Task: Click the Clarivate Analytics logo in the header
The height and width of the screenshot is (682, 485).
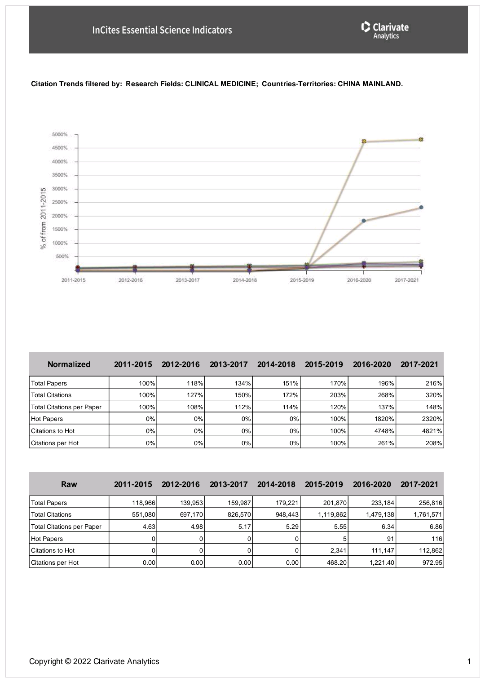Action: tap(385, 30)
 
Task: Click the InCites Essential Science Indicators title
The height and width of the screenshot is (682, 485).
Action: tap(162, 30)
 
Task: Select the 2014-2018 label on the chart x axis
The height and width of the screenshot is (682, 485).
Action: tap(245, 280)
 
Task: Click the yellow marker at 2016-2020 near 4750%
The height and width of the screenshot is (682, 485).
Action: tap(364, 142)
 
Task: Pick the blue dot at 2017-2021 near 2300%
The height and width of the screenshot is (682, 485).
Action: tap(421, 208)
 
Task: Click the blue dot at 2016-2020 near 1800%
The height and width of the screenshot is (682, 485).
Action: tap(364, 221)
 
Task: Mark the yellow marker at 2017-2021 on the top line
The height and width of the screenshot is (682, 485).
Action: tap(421, 140)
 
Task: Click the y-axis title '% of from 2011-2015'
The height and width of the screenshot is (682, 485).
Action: tap(44, 218)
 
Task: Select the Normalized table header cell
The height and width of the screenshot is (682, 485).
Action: tap(69, 364)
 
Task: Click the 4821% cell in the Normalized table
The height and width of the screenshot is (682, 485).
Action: tap(420, 431)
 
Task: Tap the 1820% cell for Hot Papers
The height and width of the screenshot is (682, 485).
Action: tap(372, 419)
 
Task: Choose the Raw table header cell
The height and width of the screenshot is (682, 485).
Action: tap(69, 484)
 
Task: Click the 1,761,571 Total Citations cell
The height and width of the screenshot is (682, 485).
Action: tap(420, 514)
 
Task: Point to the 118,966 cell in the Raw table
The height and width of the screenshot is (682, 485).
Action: tap(133, 503)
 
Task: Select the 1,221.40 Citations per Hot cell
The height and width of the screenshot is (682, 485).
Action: tap(372, 562)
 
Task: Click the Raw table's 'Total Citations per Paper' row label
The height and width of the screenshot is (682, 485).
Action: tap(66, 527)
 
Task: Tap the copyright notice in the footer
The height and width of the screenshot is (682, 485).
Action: tap(94, 661)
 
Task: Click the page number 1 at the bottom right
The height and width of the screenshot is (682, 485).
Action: tap(469, 661)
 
